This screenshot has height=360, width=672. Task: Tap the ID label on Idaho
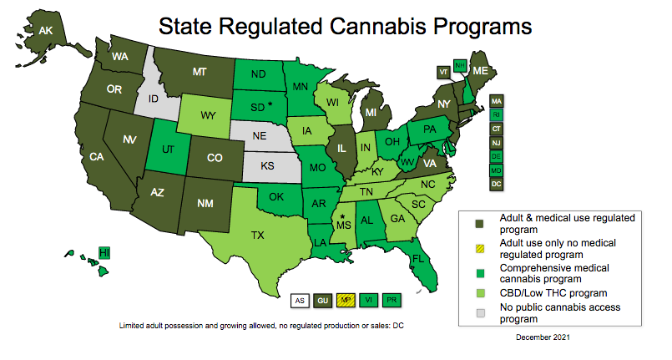(154, 99)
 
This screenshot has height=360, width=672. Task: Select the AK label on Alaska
(46, 31)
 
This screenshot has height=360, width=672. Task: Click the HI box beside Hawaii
(104, 252)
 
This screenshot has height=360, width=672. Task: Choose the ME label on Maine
(480, 72)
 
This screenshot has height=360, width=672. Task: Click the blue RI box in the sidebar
(496, 114)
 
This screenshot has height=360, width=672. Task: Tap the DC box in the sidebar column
(496, 183)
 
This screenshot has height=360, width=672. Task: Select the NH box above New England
(459, 65)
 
